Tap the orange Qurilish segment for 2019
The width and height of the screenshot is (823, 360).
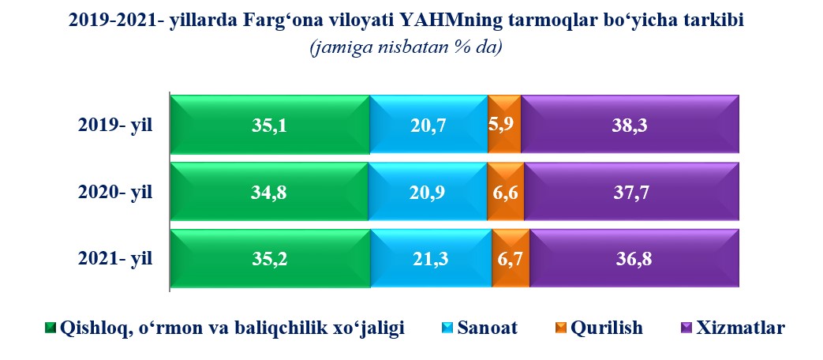(x=504, y=125)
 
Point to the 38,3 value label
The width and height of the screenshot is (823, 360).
(x=630, y=126)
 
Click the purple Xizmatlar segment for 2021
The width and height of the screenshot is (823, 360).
(x=634, y=259)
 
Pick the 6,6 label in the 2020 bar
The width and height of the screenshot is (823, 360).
(x=506, y=193)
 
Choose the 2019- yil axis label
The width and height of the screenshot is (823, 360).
(x=115, y=126)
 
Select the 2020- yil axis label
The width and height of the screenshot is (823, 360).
(x=115, y=193)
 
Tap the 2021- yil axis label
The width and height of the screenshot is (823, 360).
(x=115, y=259)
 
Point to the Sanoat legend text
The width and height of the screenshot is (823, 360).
(x=488, y=328)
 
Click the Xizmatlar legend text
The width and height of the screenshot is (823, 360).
(x=741, y=328)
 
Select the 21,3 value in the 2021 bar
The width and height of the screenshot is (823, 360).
(x=432, y=260)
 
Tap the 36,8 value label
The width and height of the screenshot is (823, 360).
(x=634, y=260)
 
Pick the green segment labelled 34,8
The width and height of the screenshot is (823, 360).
(x=270, y=192)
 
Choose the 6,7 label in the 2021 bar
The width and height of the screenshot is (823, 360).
(x=511, y=260)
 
